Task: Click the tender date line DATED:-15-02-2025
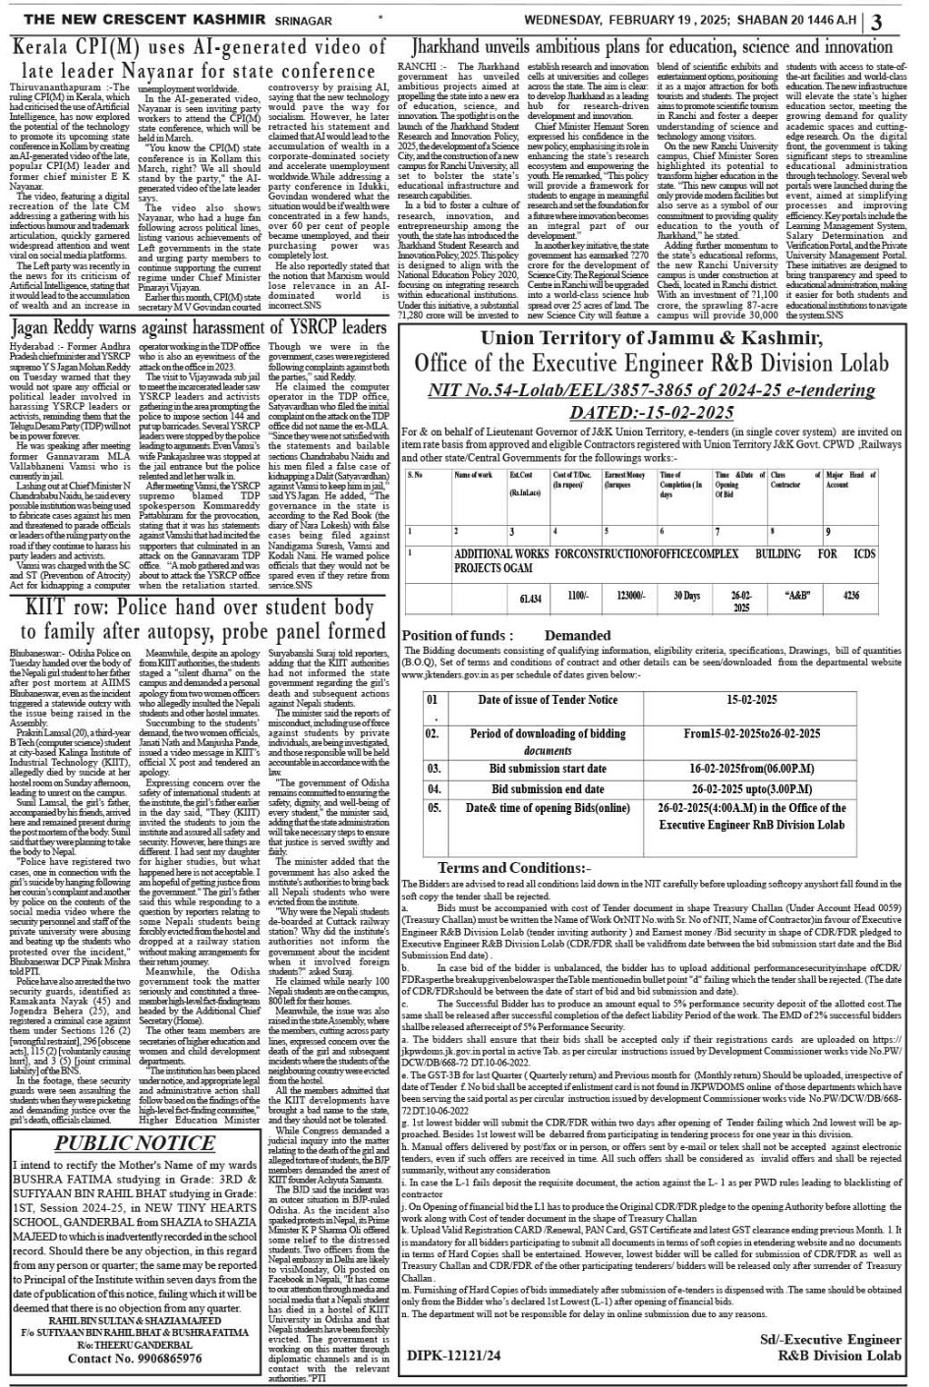click(651, 412)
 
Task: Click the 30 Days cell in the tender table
click(686, 597)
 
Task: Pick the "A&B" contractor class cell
click(798, 596)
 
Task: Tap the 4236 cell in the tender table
click(851, 596)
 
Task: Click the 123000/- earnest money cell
click(629, 597)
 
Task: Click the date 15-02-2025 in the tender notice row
click(752, 700)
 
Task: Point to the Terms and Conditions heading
click(513, 868)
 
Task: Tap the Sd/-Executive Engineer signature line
click(830, 1340)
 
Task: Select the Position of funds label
click(458, 636)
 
